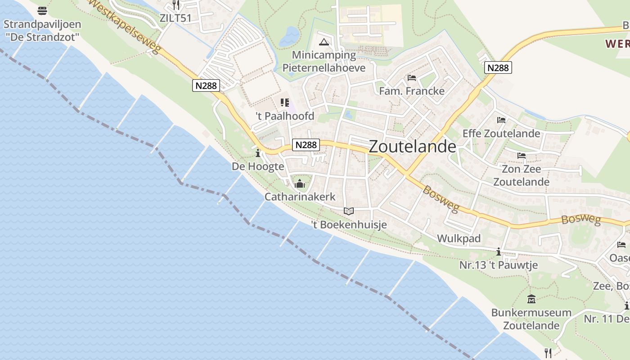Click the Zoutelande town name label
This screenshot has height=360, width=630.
[x=412, y=147]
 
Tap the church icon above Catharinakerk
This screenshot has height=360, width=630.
[x=300, y=184]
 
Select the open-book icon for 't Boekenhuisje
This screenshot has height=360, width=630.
[x=349, y=211]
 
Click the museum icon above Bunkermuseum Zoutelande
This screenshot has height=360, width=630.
[x=531, y=299]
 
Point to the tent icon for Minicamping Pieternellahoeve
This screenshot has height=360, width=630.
[x=324, y=43]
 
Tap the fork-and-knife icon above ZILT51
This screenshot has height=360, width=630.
[x=176, y=5]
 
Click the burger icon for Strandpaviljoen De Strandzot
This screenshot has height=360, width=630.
[x=42, y=10]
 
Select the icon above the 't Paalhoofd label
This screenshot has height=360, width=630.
[x=284, y=103]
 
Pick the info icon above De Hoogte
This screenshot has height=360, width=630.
[x=258, y=154]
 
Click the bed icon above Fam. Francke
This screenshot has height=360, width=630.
[x=411, y=78]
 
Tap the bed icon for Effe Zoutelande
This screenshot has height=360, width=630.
[x=501, y=120]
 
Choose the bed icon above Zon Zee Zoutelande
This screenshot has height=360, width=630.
[x=521, y=156]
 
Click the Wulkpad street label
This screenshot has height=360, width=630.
[x=459, y=238]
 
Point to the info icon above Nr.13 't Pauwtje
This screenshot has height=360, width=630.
[x=499, y=252]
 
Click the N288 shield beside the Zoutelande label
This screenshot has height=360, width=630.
[x=306, y=144]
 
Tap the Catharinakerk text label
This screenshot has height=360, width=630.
[x=300, y=197]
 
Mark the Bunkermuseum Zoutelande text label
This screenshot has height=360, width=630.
[x=531, y=319]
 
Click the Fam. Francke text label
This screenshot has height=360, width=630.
[x=411, y=91]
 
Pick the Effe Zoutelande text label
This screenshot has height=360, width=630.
[x=501, y=133]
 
